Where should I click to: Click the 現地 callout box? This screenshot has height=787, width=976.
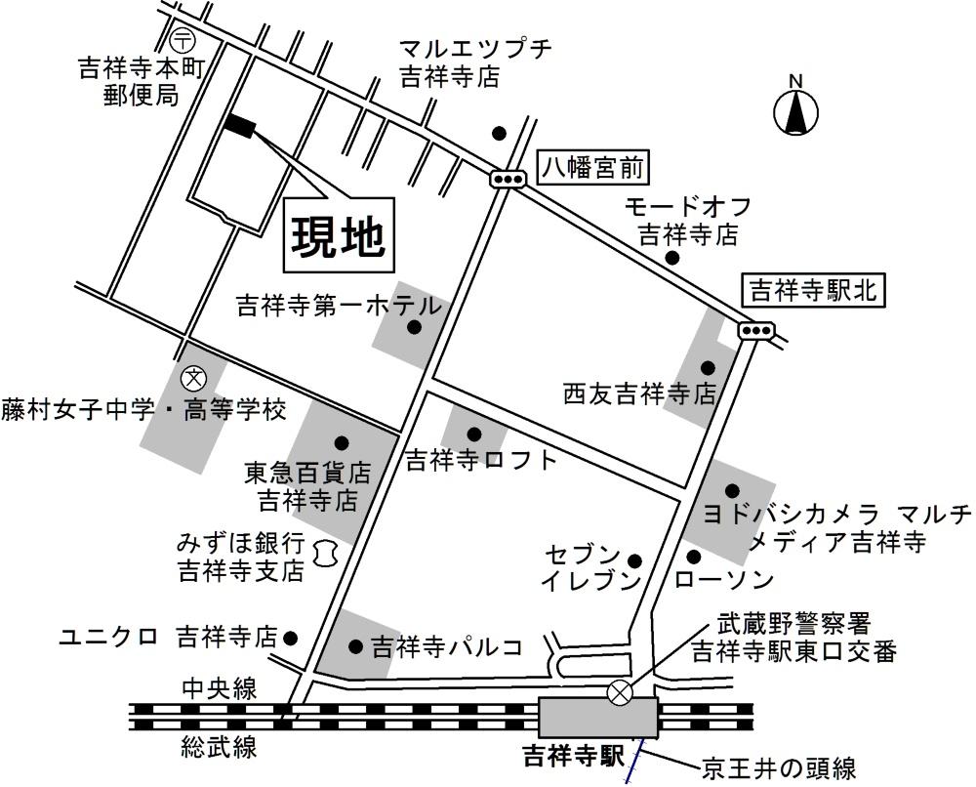pos(340,234)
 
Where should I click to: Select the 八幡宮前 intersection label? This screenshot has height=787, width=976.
pos(593,169)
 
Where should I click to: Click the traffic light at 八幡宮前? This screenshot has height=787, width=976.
pos(508,178)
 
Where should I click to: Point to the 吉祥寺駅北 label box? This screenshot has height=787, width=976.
pos(813,290)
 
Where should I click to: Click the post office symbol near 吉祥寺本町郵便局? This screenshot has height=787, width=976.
pos(182,40)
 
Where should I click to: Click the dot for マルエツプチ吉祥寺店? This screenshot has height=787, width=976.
pos(499,133)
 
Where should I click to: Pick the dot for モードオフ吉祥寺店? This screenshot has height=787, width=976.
pos(671,258)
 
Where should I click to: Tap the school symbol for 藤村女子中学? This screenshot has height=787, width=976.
pos(194,376)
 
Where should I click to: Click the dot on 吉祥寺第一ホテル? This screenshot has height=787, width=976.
pos(414,328)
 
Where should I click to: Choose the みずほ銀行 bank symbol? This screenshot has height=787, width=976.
pos(326,554)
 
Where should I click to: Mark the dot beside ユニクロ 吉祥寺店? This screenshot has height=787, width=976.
pos(290,638)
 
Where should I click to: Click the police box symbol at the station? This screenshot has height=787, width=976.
pos(620,692)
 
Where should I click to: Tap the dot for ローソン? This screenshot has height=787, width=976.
pos(694,557)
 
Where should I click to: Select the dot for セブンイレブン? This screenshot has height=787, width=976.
pos(634,560)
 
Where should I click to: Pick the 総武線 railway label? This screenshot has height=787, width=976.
pos(220,748)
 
